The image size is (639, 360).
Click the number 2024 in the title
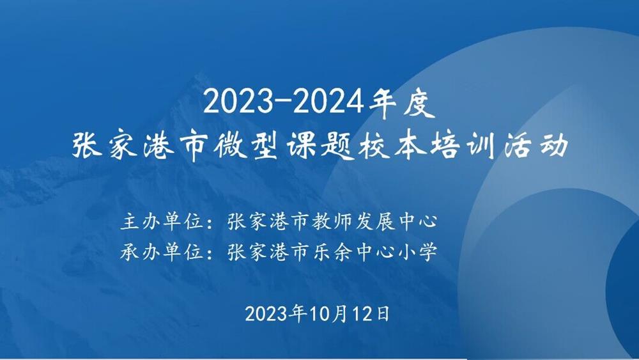pos(328,102)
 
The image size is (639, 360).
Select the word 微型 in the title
pos(246,146)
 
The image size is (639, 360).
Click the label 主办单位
pos(162,222)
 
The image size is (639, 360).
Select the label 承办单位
pos(162,252)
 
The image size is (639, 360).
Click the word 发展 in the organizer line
pos(374,222)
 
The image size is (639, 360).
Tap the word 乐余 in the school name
pos(332,252)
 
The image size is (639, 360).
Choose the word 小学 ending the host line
pos(417,252)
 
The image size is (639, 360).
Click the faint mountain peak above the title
pos(199,77)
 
